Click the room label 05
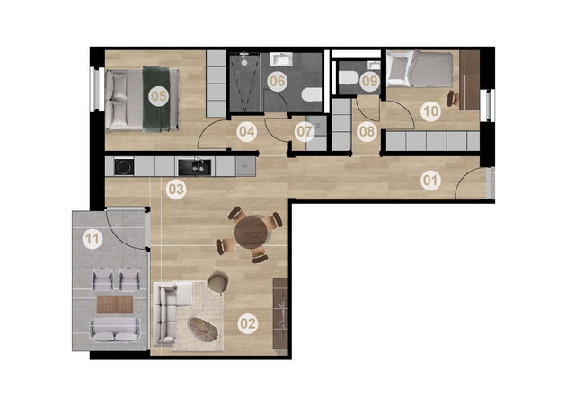coord(158,96)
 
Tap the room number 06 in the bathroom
coord(277,81)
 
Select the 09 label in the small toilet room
coord(369,81)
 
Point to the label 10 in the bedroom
coord(430,110)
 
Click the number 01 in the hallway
coord(430,181)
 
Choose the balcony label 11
coord(92,239)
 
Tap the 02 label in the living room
coord(248,324)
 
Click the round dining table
coord(252,233)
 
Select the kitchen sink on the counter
coord(195,167)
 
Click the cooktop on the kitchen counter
coord(124,167)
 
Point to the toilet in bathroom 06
coord(311,94)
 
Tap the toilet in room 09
coord(348,78)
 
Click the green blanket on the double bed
coord(156,99)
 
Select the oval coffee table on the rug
coord(203,329)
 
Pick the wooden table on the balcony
coord(115,304)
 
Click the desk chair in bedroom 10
coord(453,98)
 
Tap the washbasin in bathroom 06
coord(281,59)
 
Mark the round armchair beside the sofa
coord(217,282)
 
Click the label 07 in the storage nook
coord(305,131)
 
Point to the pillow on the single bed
coord(398,70)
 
